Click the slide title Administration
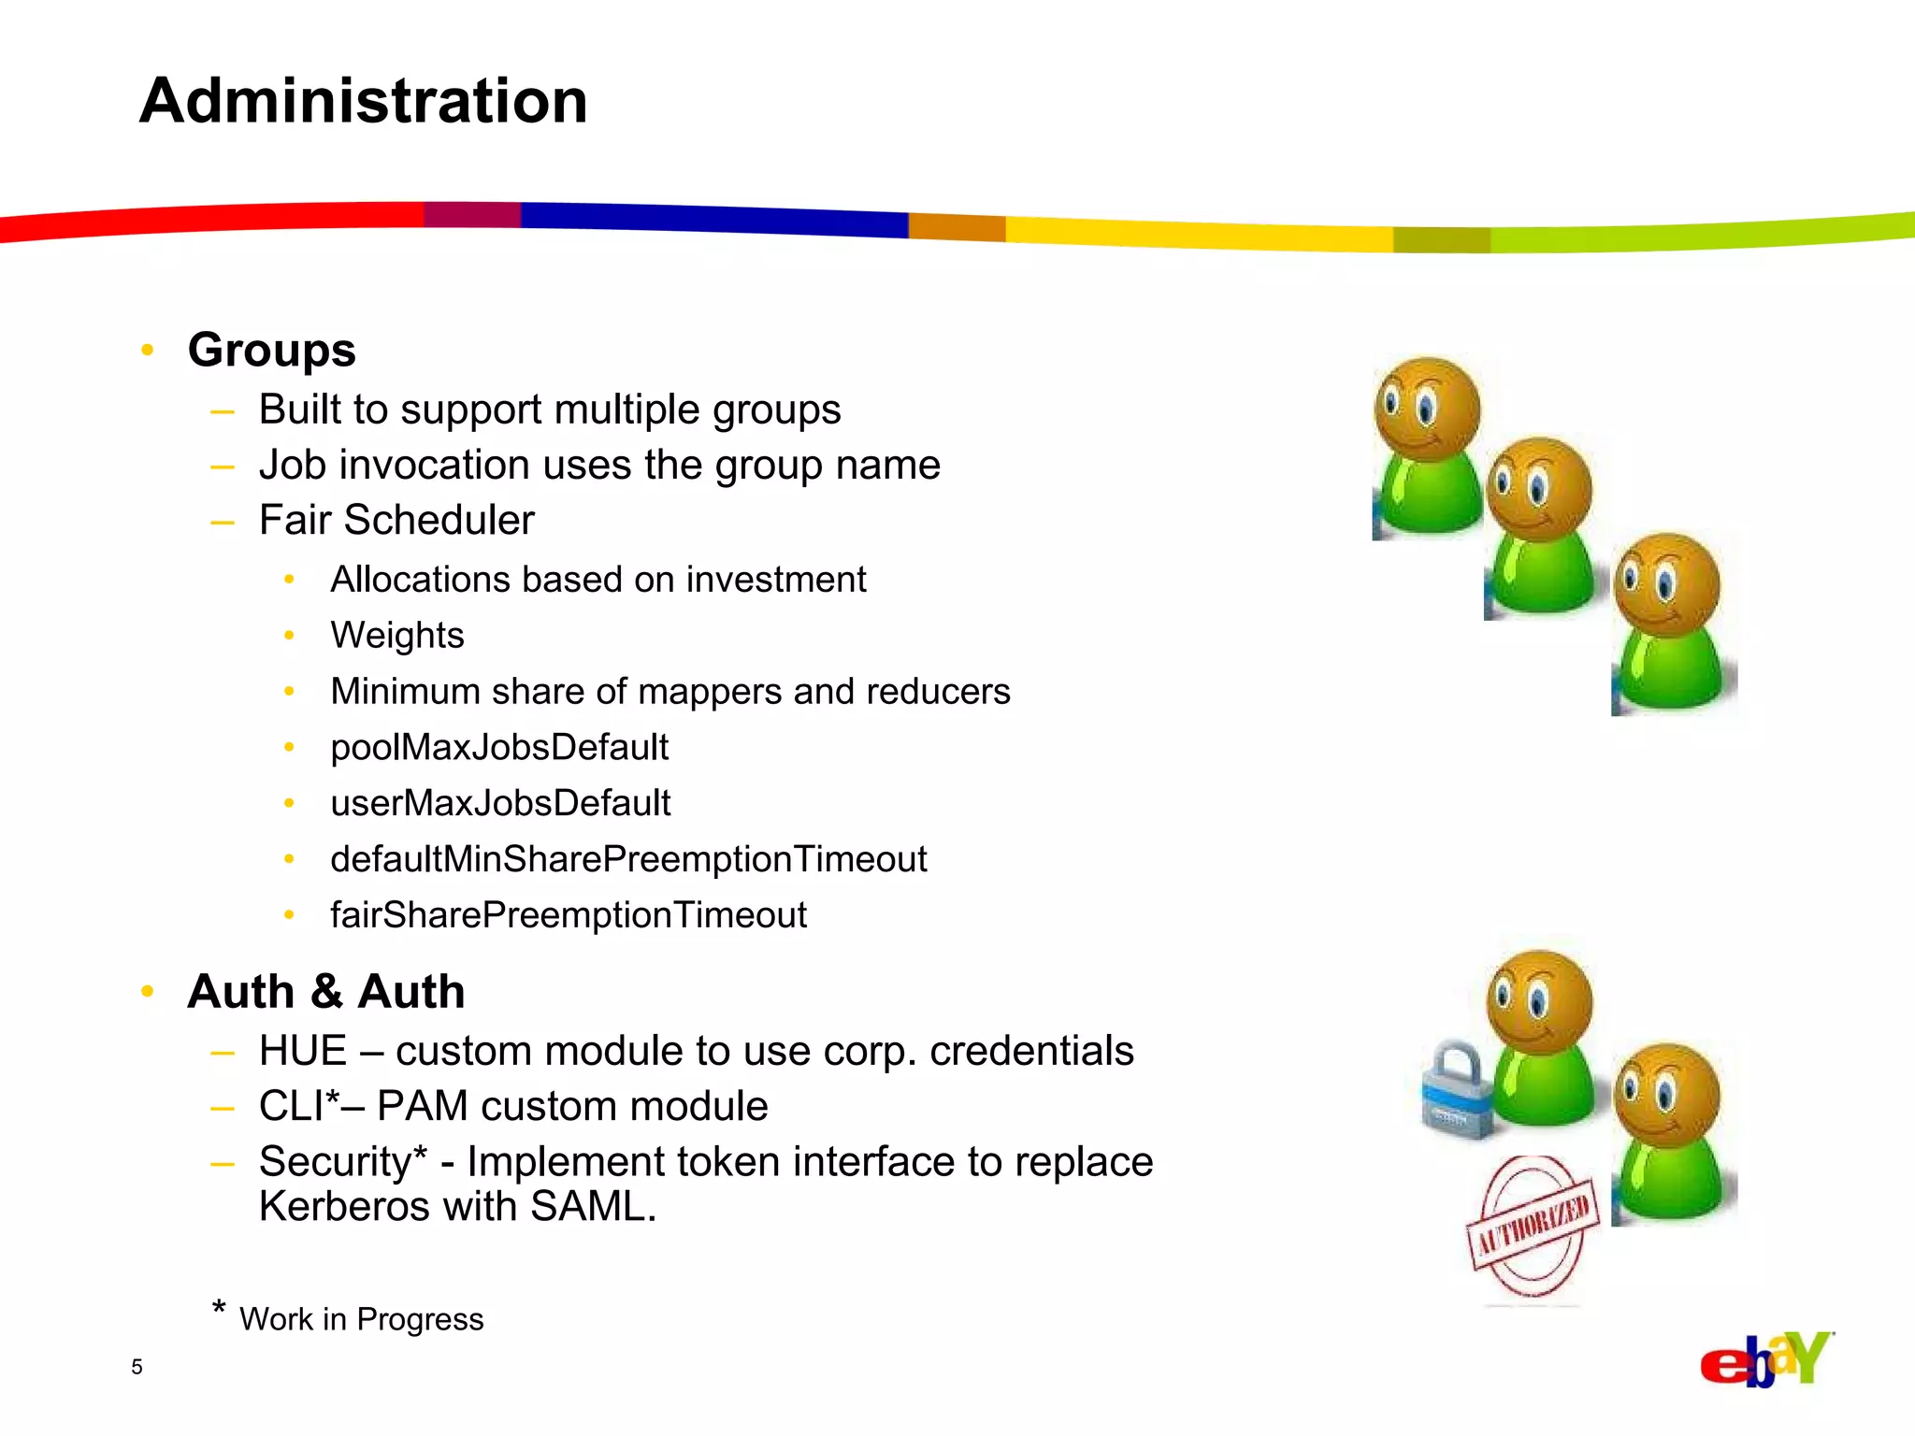coord(364,101)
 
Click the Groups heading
coord(271,351)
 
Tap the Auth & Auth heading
coord(325,992)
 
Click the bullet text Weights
coord(396,636)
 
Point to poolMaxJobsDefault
coord(499,748)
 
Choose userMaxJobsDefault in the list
coord(500,803)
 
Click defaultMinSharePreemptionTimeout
coord(628,859)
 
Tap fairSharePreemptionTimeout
coord(568,915)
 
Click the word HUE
coord(303,1051)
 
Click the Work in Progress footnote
coord(361,1319)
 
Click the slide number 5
coord(137,1367)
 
